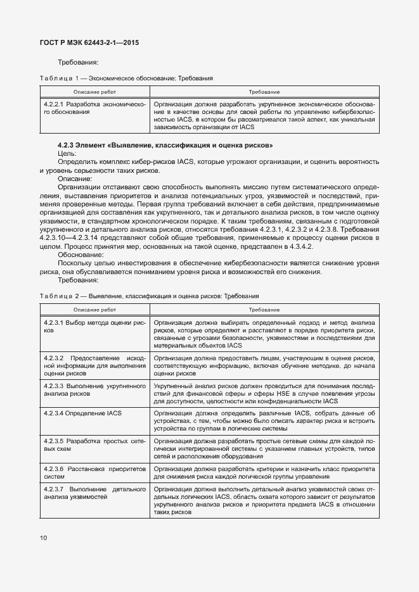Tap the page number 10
coord(43,538)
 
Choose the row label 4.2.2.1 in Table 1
coord(94,107)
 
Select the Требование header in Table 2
coord(264,310)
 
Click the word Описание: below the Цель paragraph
coord(75,179)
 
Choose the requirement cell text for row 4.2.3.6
coord(264,472)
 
